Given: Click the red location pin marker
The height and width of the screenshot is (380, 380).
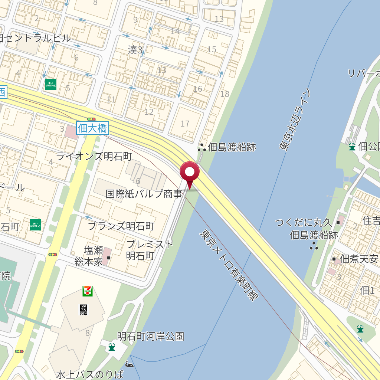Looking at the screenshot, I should click(x=190, y=173).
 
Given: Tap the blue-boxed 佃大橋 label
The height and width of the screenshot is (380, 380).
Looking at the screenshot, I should click(x=92, y=128).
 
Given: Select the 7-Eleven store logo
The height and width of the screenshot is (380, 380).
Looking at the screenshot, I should click(x=88, y=291).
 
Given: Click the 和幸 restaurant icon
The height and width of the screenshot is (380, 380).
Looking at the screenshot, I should click(x=83, y=309).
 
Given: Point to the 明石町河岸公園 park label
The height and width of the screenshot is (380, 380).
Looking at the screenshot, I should click(x=150, y=337).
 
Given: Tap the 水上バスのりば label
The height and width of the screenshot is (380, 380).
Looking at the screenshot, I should click(x=90, y=374).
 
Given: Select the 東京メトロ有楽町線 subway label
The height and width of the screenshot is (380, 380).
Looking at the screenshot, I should click(x=229, y=265).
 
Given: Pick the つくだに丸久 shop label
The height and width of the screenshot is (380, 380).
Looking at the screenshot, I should click(x=303, y=223).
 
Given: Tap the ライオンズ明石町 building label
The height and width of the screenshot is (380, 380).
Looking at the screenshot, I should click(x=94, y=157).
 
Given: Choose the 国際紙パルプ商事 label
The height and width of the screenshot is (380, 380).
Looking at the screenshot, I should click(x=144, y=194).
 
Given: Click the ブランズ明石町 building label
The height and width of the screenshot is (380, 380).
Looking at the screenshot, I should click(x=121, y=226).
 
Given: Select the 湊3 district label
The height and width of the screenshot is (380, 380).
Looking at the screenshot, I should click(x=135, y=50).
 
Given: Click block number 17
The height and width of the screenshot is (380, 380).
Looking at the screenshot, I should click(x=185, y=124).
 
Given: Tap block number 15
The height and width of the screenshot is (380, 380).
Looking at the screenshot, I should click(x=212, y=49).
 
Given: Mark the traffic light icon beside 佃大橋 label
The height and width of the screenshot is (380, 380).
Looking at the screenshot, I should click(x=91, y=119).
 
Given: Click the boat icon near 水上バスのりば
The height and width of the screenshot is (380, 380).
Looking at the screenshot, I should click(x=129, y=364).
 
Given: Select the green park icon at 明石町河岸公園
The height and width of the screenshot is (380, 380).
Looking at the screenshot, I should click(x=111, y=347).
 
